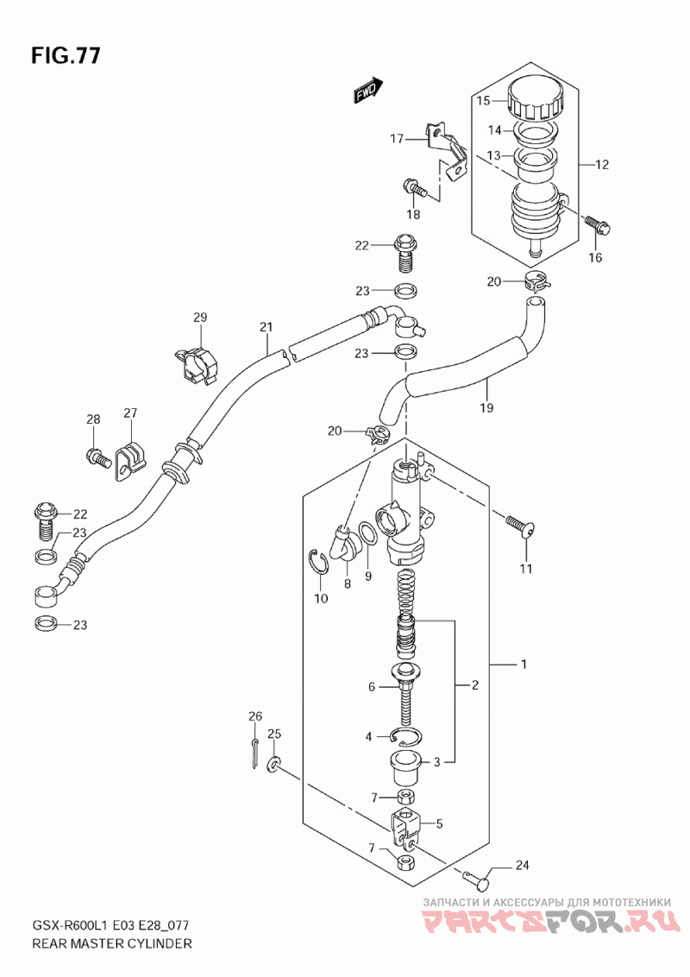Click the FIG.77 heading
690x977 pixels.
[x=65, y=55]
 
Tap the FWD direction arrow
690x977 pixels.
[x=367, y=91]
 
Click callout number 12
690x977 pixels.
[x=601, y=165]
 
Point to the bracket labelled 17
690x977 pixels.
[x=446, y=151]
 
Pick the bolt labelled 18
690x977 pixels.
[x=415, y=188]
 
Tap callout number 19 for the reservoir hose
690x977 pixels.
[x=487, y=407]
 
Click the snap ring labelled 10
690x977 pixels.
[x=319, y=562]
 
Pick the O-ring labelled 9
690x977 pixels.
[x=368, y=535]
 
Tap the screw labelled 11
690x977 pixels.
[x=521, y=525]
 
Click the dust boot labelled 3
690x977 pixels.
[x=407, y=767]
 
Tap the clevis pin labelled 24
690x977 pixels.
[x=479, y=879]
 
